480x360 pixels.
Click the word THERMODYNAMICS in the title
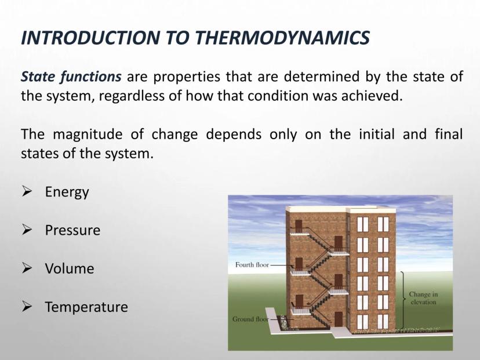tap(282, 38)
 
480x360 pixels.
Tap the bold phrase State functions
tap(71, 77)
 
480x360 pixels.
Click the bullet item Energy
tap(67, 192)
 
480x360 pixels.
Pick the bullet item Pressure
tap(72, 230)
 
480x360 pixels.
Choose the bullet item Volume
tap(70, 268)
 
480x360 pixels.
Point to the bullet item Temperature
tap(86, 307)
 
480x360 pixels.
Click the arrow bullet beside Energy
tap(27, 191)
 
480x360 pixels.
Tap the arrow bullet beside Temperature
tap(27, 307)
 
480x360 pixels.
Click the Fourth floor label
tap(252, 264)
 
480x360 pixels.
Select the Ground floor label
tap(250, 319)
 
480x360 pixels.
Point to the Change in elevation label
tap(423, 298)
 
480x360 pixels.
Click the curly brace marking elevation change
tap(403, 300)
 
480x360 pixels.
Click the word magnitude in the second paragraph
tap(88, 134)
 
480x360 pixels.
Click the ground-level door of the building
tap(339, 319)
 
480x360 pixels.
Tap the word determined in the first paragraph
tap(321, 77)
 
